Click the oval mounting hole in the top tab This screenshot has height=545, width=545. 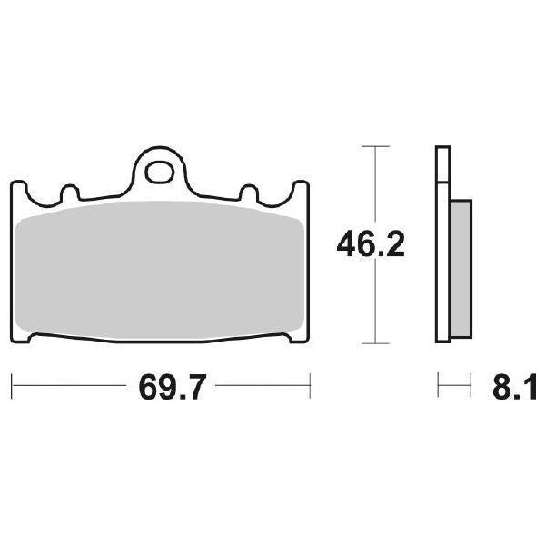coord(163,168)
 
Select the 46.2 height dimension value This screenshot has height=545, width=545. coord(369,244)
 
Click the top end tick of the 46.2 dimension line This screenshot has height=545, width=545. coord(369,145)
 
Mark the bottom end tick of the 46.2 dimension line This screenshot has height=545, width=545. coord(369,343)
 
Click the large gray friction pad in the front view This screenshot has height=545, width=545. coord(162,272)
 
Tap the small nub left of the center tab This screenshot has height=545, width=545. coord(66,193)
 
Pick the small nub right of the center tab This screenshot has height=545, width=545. coord(247,193)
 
